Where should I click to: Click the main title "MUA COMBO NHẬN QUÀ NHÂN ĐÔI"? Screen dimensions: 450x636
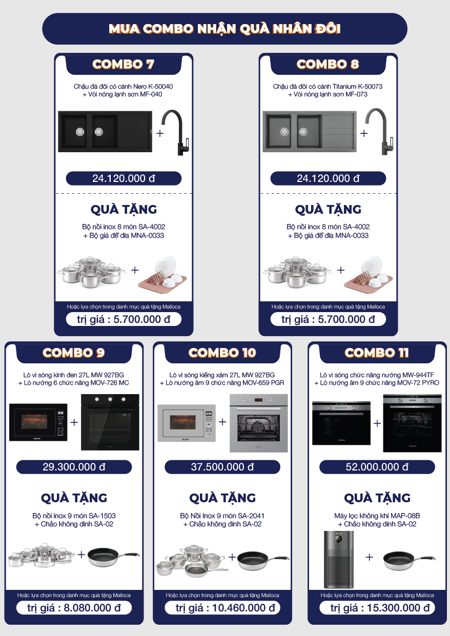click(x=224, y=29)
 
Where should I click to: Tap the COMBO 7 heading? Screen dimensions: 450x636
click(x=124, y=64)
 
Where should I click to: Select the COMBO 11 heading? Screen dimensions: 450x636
click(x=377, y=353)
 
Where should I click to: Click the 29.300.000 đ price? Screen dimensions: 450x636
click(x=74, y=467)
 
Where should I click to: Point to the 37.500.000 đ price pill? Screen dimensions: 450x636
click(x=222, y=467)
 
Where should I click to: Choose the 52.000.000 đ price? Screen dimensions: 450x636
click(x=377, y=467)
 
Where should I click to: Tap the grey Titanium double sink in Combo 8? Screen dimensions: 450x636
click(x=310, y=132)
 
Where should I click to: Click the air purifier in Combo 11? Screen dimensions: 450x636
click(x=339, y=559)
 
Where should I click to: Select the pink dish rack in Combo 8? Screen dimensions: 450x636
click(x=369, y=275)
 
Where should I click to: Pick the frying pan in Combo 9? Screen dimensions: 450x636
click(x=113, y=557)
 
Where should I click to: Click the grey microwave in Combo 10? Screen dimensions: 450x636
click(x=187, y=423)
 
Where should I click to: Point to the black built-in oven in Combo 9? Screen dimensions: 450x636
click(x=110, y=422)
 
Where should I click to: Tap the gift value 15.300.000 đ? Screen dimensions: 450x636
click(x=377, y=608)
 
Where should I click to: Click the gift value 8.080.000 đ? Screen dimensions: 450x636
click(x=74, y=608)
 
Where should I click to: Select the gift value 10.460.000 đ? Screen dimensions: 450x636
click(x=222, y=608)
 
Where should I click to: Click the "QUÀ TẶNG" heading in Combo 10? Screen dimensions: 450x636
click(x=222, y=498)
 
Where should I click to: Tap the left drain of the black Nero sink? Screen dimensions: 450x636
click(x=80, y=132)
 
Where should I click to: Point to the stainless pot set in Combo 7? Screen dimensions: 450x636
click(x=91, y=272)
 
